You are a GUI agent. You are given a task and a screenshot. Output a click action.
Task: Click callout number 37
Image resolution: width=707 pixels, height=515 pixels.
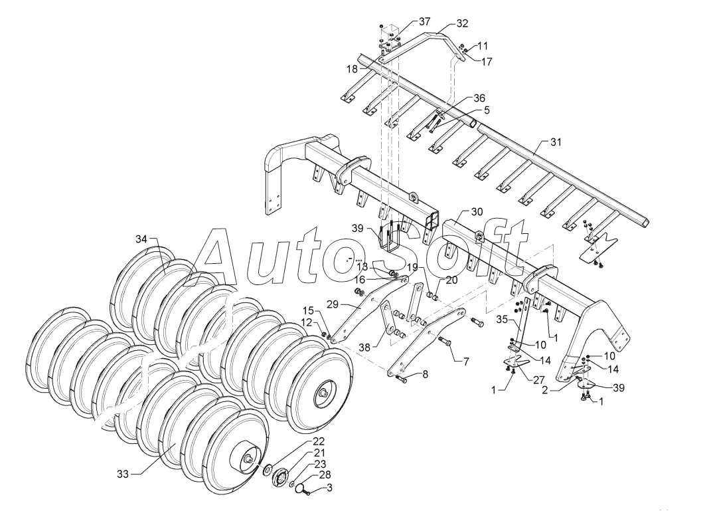pyautogui.click(x=424, y=21)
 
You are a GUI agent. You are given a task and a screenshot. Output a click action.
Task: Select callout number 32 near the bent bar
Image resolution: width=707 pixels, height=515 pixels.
pyautogui.click(x=462, y=23)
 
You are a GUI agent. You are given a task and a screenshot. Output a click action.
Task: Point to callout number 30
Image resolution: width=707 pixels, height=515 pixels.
pyautogui.click(x=477, y=212)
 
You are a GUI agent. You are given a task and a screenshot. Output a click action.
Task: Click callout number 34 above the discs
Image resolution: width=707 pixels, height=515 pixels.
pyautogui.click(x=141, y=239)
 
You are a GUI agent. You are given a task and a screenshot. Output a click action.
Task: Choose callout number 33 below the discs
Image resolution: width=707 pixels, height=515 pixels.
pyautogui.click(x=123, y=474)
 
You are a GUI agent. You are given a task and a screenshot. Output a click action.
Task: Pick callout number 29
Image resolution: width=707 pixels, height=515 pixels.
pyautogui.click(x=333, y=304)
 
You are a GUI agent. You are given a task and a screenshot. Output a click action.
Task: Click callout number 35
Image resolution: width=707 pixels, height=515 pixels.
pyautogui.click(x=502, y=320)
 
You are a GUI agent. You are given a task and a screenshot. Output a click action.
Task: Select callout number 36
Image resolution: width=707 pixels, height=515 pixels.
pyautogui.click(x=479, y=98)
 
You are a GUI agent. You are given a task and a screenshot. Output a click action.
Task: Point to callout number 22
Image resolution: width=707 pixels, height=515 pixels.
pyautogui.click(x=319, y=441)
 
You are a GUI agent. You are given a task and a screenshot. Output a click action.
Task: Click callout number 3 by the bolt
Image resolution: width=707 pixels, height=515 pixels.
pyautogui.click(x=330, y=488)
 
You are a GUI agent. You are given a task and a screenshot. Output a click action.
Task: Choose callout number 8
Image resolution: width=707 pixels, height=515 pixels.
pyautogui.click(x=425, y=374)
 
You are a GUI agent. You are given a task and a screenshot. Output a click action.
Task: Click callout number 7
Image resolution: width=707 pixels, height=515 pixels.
pyautogui.click(x=466, y=361)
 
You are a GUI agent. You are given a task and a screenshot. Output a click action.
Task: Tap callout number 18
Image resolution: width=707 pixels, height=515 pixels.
pyautogui.click(x=352, y=69)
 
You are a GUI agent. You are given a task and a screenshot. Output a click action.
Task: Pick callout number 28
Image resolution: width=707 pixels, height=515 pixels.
pyautogui.click(x=325, y=475)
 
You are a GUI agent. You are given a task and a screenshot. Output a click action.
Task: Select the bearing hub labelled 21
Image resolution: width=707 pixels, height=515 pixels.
pyautogui.click(x=280, y=477)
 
